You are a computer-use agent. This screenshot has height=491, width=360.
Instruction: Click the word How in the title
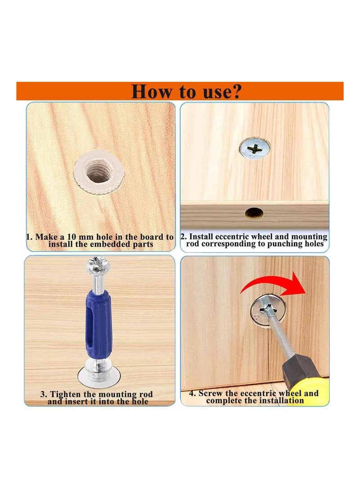[152, 91]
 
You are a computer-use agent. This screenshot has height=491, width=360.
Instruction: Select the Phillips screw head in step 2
[255, 149]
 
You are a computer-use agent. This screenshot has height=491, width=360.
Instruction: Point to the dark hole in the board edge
[254, 213]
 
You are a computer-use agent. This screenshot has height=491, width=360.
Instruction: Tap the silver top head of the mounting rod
[97, 266]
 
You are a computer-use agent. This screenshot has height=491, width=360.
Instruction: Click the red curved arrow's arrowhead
[294, 284]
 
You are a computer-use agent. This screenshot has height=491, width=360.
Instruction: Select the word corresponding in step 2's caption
[229, 244]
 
